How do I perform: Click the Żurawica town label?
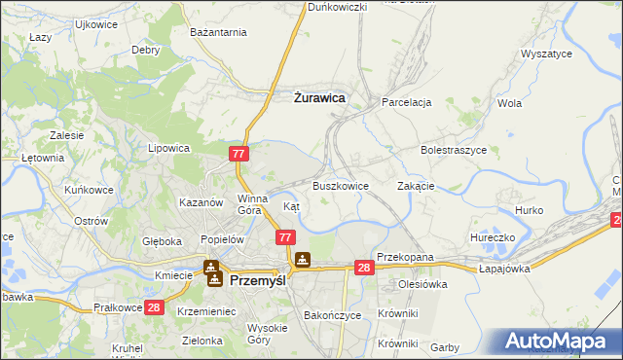click(x=319, y=97)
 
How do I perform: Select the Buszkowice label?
click(x=340, y=185)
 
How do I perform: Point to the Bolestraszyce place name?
click(x=453, y=151)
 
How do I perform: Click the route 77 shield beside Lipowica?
click(x=239, y=154)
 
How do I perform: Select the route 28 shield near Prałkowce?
click(x=153, y=307)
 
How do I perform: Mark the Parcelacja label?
click(x=406, y=101)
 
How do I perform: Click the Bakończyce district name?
click(x=333, y=315)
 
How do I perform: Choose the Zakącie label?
click(x=416, y=185)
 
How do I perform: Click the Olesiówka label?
click(x=421, y=284)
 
